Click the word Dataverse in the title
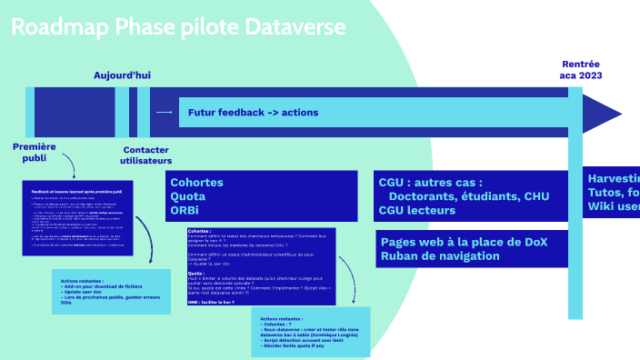pyautogui.click(x=296, y=27)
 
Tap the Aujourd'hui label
pyautogui.click(x=122, y=75)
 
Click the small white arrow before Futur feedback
pyautogui.click(x=165, y=113)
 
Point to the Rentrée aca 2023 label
pyautogui.click(x=581, y=69)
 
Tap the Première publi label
pyautogui.click(x=34, y=152)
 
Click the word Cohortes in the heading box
pyautogui.click(x=196, y=183)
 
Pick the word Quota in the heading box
pyautogui.click(x=188, y=196)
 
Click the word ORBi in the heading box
pyautogui.click(x=185, y=211)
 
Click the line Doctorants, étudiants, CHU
pyautogui.click(x=468, y=196)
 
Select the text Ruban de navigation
pyautogui.click(x=440, y=256)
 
